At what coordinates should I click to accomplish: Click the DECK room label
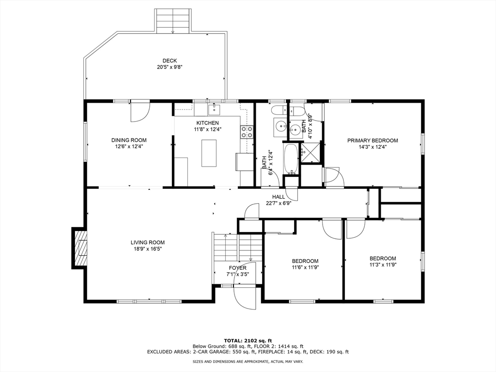pyautogui.click(x=170, y=61)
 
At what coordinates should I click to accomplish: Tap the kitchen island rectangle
pyautogui.click(x=209, y=153)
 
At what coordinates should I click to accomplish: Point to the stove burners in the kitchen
pyautogui.click(x=247, y=132)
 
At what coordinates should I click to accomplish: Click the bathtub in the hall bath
pyautogui.click(x=291, y=159)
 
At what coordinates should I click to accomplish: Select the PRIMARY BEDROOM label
pyautogui.click(x=372, y=140)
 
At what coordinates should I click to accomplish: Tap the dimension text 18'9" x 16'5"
pyautogui.click(x=148, y=249)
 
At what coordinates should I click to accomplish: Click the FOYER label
pyautogui.click(x=237, y=268)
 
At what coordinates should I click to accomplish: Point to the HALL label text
pyautogui.click(x=279, y=197)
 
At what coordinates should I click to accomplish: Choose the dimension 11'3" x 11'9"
pyautogui.click(x=382, y=265)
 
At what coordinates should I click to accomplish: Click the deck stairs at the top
pyautogui.click(x=173, y=20)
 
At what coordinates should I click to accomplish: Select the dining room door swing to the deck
pyautogui.click(x=140, y=111)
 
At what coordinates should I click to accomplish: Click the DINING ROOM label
pyautogui.click(x=129, y=140)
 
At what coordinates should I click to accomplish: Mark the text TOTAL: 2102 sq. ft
pyautogui.click(x=248, y=341)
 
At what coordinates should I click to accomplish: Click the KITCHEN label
pyautogui.click(x=207, y=123)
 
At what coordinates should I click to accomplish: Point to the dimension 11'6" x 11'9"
pyautogui.click(x=305, y=267)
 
